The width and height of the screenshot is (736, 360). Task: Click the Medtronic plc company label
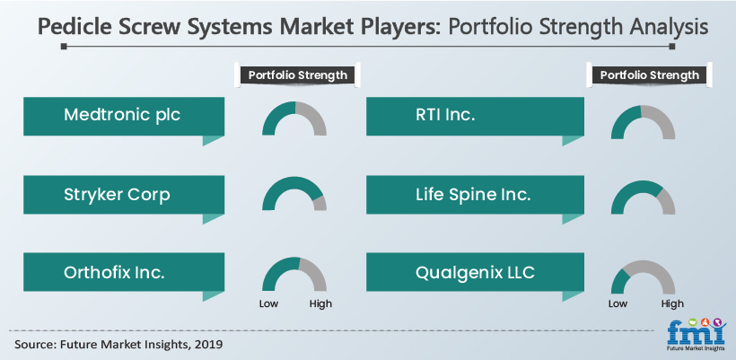tap(122, 115)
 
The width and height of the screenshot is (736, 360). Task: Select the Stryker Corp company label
tap(117, 194)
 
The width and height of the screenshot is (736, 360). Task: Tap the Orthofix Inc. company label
tap(114, 273)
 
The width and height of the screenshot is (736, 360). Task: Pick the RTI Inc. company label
tap(445, 115)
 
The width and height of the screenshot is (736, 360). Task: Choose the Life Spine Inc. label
tap(473, 194)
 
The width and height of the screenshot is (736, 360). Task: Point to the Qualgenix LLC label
tap(475, 273)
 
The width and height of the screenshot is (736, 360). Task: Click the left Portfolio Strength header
tap(298, 75)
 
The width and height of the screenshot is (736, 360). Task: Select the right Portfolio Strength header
tap(650, 75)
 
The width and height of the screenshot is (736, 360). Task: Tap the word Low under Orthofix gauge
tap(269, 303)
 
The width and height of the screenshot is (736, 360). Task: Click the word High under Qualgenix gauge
tap(672, 303)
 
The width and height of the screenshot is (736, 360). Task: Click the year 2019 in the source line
tap(208, 344)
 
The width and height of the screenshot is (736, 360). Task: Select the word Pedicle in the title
tap(74, 27)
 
